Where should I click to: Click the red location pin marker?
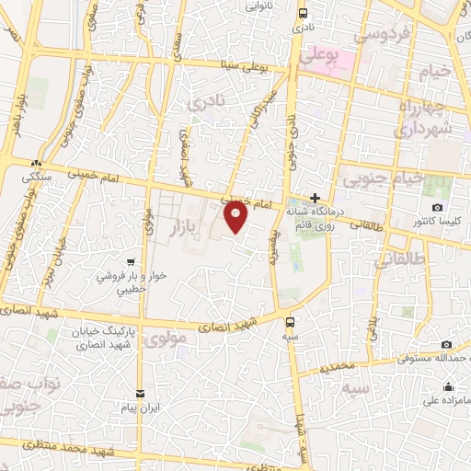(x=235, y=217)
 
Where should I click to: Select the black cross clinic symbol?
(x=315, y=197)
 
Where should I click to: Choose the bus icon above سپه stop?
(x=291, y=322)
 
